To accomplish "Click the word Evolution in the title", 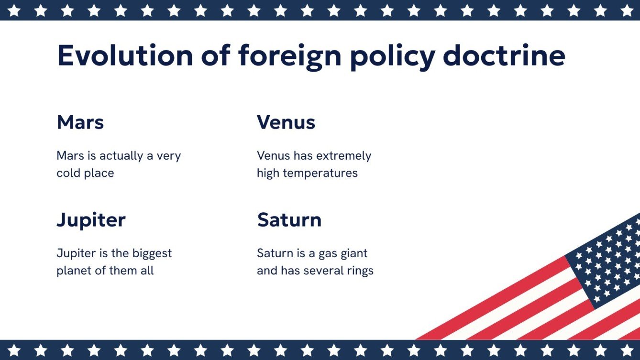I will [x=125, y=56].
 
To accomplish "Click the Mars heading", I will [x=80, y=122].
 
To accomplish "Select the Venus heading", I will [x=286, y=122].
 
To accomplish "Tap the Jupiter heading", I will [x=91, y=220].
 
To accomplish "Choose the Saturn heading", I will [x=289, y=220].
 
